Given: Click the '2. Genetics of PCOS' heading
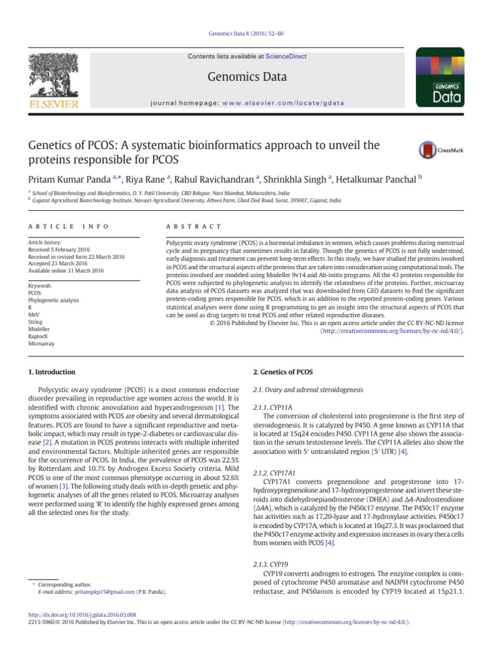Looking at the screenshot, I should [x=282, y=372].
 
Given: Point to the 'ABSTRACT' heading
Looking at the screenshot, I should [x=194, y=226].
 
